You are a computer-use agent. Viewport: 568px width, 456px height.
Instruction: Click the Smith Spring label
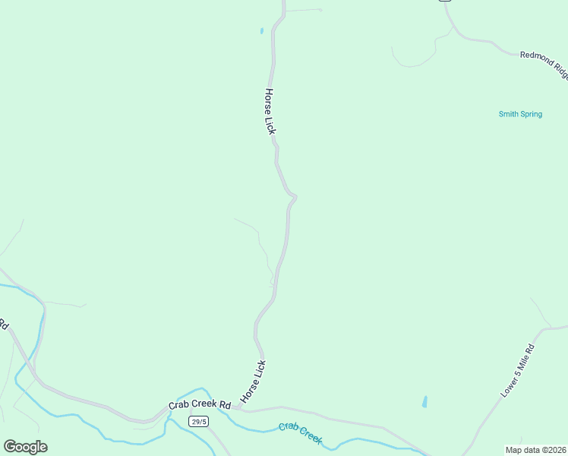[520, 115]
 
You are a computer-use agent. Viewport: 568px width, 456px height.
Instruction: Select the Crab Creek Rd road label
[199, 405]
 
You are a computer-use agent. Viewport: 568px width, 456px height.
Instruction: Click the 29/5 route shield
[198, 422]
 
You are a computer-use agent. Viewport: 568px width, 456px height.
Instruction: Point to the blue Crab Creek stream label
[300, 433]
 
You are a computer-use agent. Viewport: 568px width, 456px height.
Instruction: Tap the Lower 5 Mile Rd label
[518, 371]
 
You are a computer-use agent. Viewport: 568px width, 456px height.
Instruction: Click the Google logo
[25, 447]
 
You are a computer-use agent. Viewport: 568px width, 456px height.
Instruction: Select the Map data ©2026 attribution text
[535, 449]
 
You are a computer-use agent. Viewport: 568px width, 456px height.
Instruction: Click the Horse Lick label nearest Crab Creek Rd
[254, 382]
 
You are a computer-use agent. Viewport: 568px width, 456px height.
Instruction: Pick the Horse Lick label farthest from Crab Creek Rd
[270, 111]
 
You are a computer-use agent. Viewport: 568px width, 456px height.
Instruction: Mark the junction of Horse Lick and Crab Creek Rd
[238, 408]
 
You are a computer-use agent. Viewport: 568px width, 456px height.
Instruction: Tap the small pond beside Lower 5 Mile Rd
[424, 401]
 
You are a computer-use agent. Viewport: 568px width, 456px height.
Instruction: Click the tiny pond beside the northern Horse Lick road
[261, 31]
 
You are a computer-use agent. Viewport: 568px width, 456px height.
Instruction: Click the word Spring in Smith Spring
[531, 115]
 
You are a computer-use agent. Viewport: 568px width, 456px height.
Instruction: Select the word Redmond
[536, 60]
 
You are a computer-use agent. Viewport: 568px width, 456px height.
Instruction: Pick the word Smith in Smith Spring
[508, 115]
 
